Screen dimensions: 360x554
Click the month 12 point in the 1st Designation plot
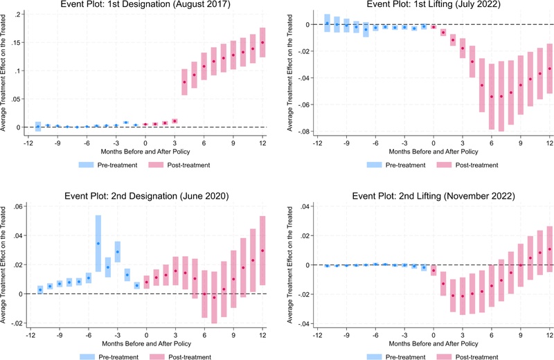[263, 42]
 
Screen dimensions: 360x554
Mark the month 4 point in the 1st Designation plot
[185, 82]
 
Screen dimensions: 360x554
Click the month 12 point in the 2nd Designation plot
[263, 251]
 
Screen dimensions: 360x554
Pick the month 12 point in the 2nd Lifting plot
[550, 249]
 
